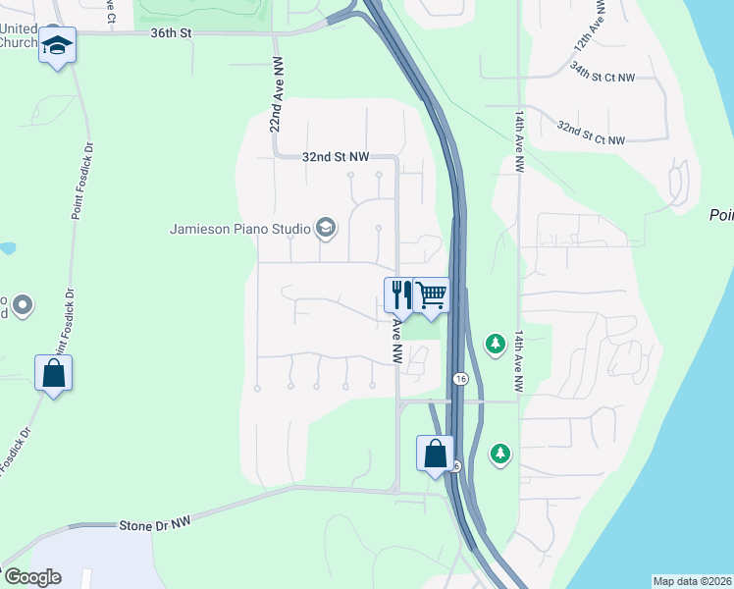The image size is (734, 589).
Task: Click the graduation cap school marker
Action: click(x=58, y=46)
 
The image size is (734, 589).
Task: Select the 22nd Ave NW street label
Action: click(x=278, y=107)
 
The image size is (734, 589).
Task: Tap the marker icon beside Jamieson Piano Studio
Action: click(x=326, y=230)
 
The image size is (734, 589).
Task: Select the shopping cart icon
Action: click(x=431, y=294)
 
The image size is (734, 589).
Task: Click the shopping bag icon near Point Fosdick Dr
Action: click(x=53, y=373)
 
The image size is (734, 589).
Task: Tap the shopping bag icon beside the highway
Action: click(x=435, y=454)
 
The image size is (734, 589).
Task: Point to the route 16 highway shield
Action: click(x=459, y=378)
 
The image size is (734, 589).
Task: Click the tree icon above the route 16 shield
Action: click(x=497, y=343)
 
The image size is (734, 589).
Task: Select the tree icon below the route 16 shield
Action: click(x=501, y=453)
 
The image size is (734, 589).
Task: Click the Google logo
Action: click(x=31, y=576)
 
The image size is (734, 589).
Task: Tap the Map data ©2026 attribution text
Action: click(x=693, y=580)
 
